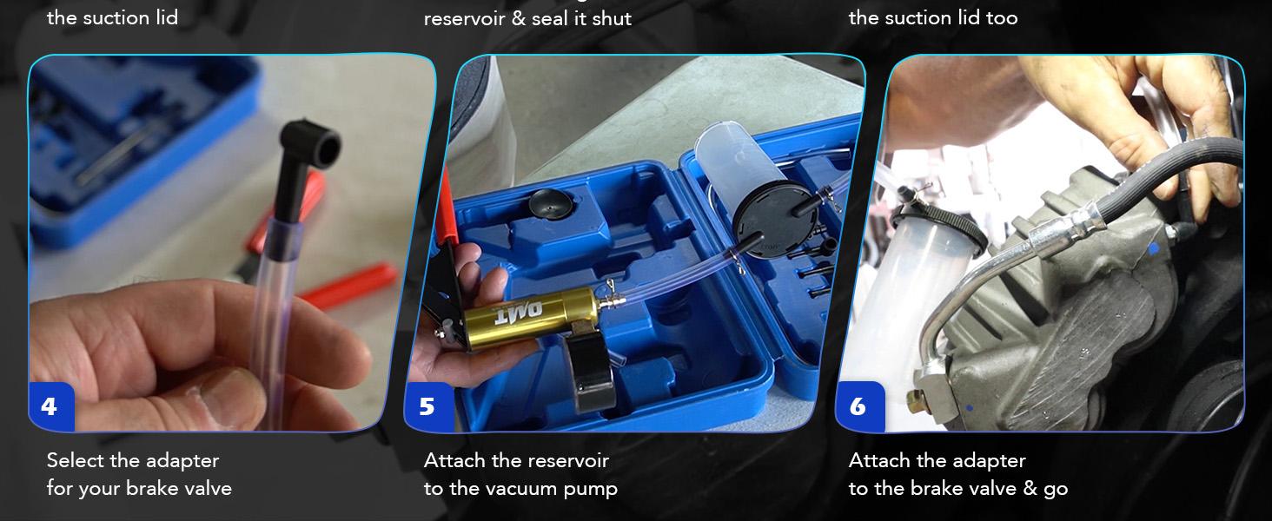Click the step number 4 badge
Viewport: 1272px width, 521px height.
click(x=51, y=407)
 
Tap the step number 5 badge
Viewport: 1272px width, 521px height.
click(x=428, y=407)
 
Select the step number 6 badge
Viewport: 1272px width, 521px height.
click(x=860, y=407)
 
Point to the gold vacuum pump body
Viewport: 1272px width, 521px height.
click(x=532, y=317)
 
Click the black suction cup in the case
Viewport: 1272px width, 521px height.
click(x=552, y=203)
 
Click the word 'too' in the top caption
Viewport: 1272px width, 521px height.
click(x=1002, y=18)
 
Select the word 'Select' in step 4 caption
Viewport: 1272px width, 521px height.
click(x=76, y=460)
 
